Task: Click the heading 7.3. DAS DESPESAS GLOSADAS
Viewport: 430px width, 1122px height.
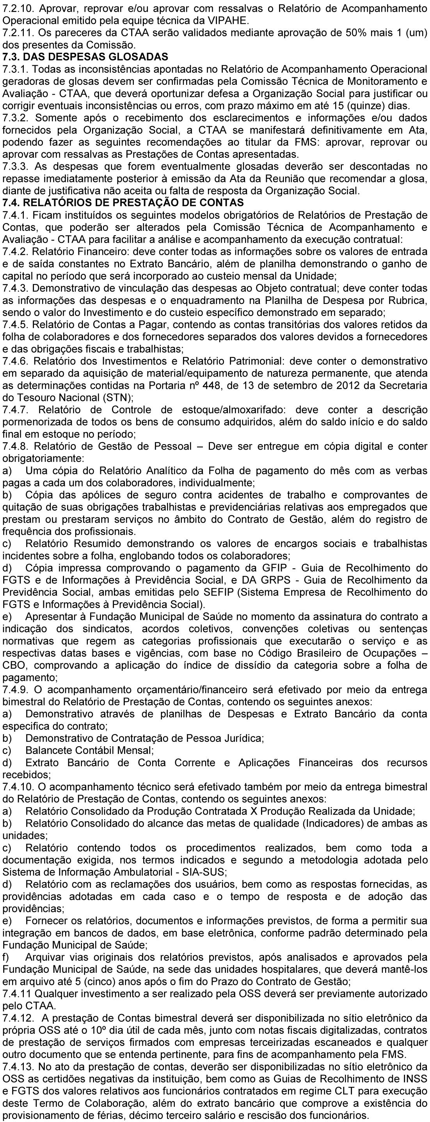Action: coord(85,57)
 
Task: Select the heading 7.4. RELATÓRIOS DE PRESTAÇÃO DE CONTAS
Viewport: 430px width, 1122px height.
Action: coord(123,202)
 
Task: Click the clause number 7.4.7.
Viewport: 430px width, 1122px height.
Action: coord(16,410)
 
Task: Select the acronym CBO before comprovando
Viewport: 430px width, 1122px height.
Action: coord(14,666)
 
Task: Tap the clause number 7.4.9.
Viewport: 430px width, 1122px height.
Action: coord(16,690)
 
